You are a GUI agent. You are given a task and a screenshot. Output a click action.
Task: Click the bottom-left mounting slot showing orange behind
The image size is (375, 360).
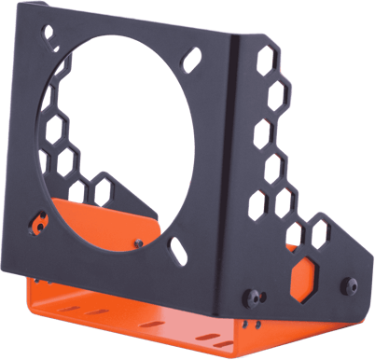point(38,224)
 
